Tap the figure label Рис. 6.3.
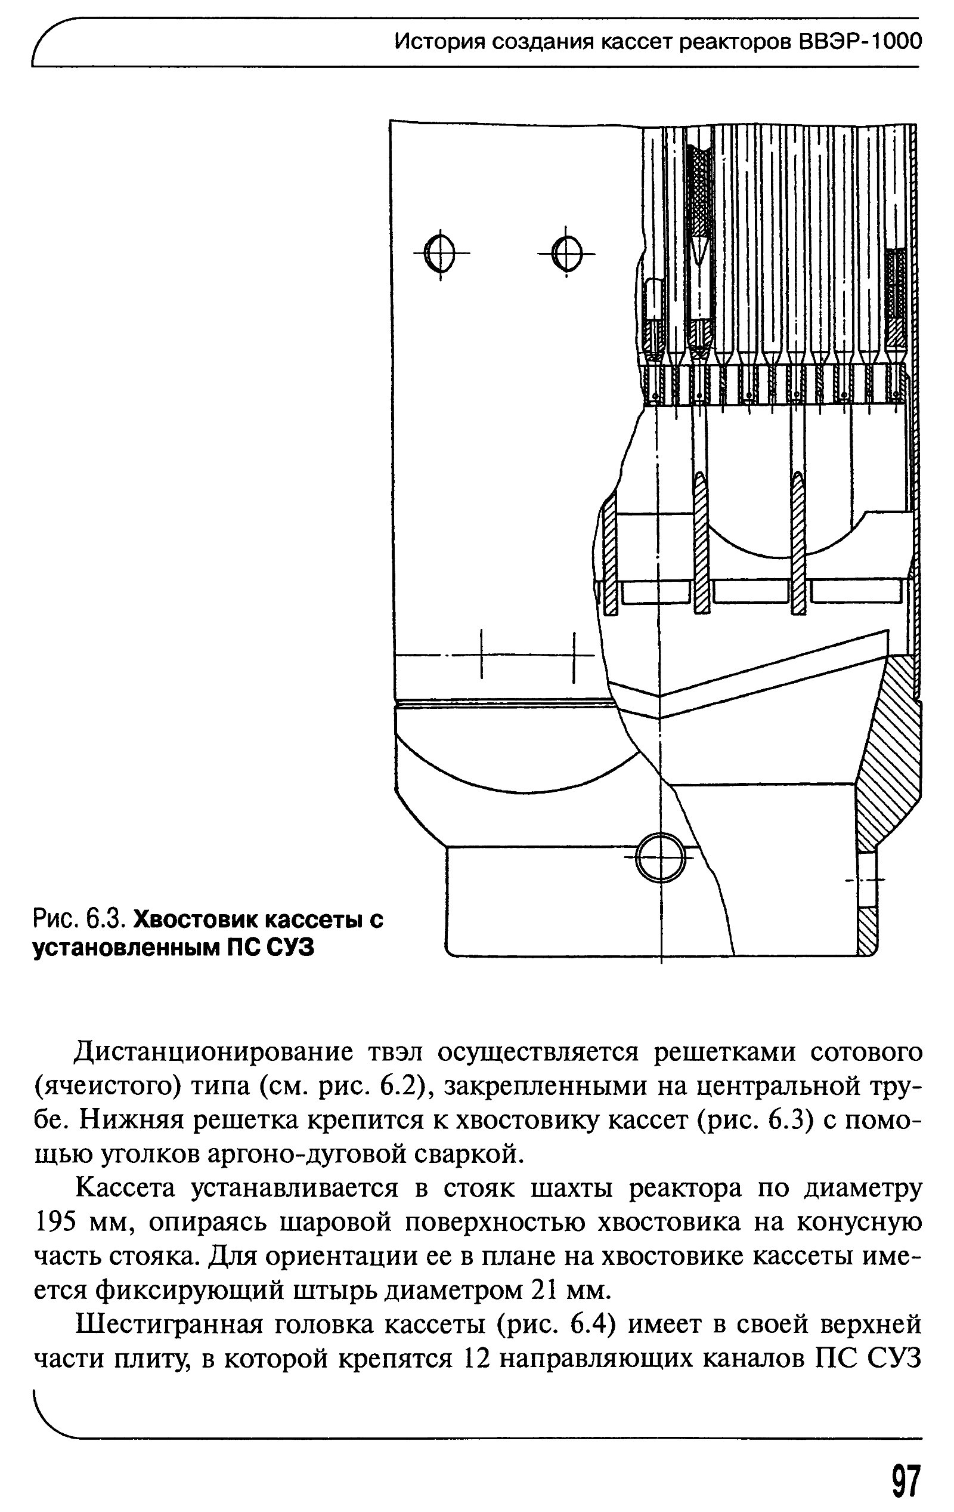tap(80, 919)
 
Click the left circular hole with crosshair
tap(440, 252)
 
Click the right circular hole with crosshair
tap(566, 252)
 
